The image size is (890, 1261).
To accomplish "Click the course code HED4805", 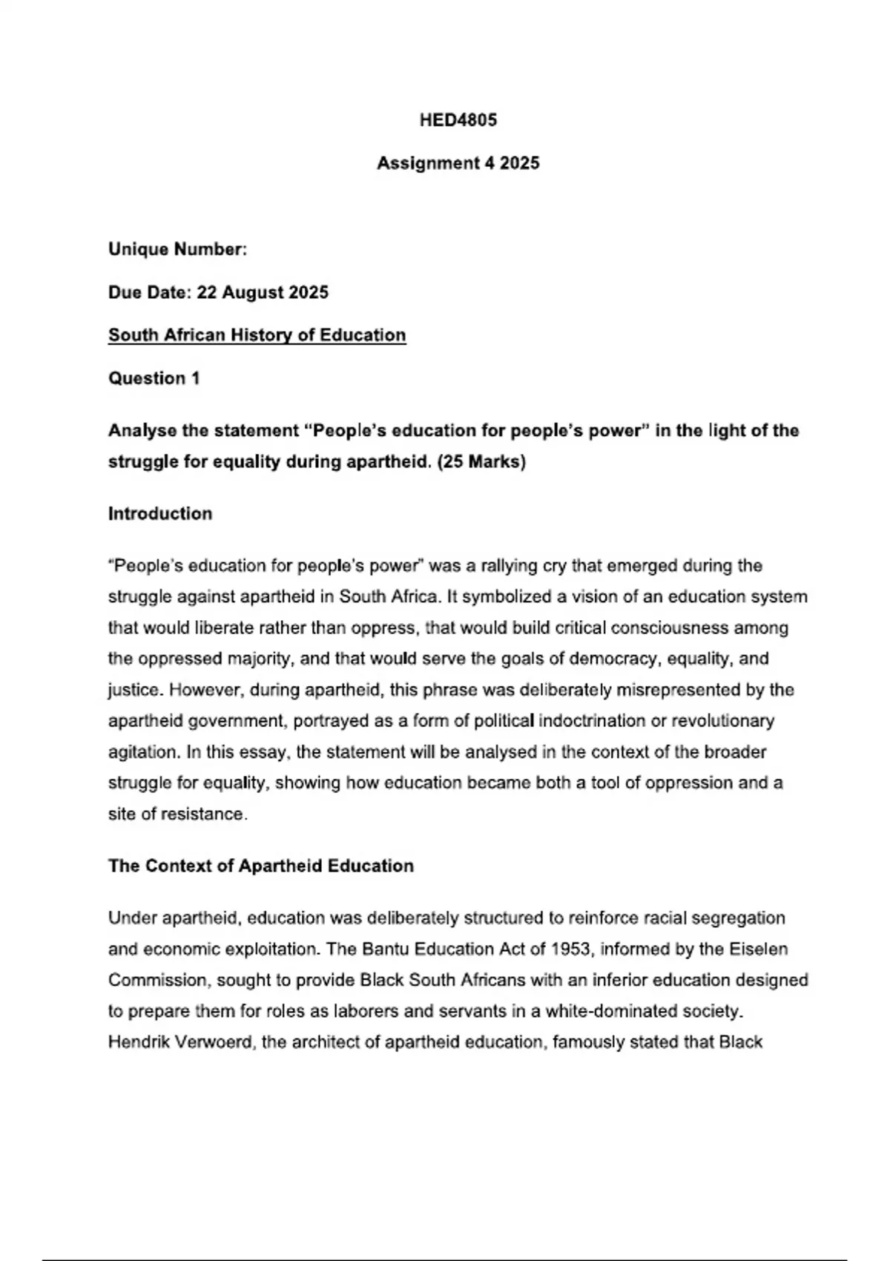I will tap(458, 120).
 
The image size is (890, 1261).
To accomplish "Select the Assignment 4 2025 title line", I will tap(458, 163).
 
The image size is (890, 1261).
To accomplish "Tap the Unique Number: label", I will tap(177, 249).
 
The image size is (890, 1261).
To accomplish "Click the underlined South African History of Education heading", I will tap(257, 335).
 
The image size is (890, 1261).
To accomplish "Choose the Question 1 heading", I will tap(154, 378).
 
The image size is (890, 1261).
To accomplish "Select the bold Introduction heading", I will tap(160, 513).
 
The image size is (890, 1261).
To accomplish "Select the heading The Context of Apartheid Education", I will tap(261, 866).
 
